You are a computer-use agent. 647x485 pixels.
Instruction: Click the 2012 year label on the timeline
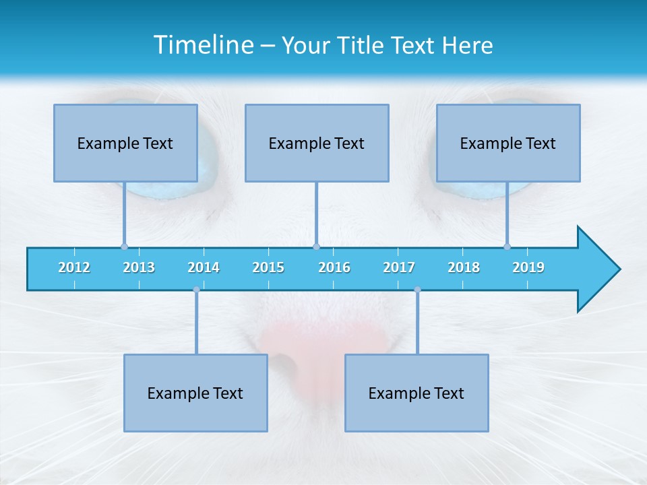click(x=74, y=268)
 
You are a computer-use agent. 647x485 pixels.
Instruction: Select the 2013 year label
click(x=139, y=268)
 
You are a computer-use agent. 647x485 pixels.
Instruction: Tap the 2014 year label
click(x=204, y=268)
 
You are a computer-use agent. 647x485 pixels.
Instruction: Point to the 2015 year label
click(x=268, y=268)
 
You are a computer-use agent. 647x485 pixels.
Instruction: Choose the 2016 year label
click(x=334, y=268)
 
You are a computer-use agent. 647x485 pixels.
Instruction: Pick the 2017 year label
click(x=399, y=268)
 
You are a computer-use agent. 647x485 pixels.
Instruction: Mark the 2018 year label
click(x=464, y=268)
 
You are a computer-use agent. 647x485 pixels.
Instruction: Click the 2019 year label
click(x=528, y=268)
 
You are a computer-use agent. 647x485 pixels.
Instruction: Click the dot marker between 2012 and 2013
click(x=124, y=247)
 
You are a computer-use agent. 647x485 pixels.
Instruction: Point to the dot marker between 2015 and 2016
click(x=316, y=247)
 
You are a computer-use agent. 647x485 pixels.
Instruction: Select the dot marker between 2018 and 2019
click(x=507, y=247)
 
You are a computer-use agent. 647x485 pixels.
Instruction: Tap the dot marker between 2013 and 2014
click(x=196, y=290)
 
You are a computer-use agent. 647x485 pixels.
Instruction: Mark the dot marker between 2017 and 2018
click(x=417, y=290)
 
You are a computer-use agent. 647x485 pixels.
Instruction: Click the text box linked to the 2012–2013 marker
click(x=125, y=143)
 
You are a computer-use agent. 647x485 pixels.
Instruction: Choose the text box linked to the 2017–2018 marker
click(x=417, y=393)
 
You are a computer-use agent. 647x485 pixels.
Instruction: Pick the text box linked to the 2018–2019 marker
click(x=508, y=143)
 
